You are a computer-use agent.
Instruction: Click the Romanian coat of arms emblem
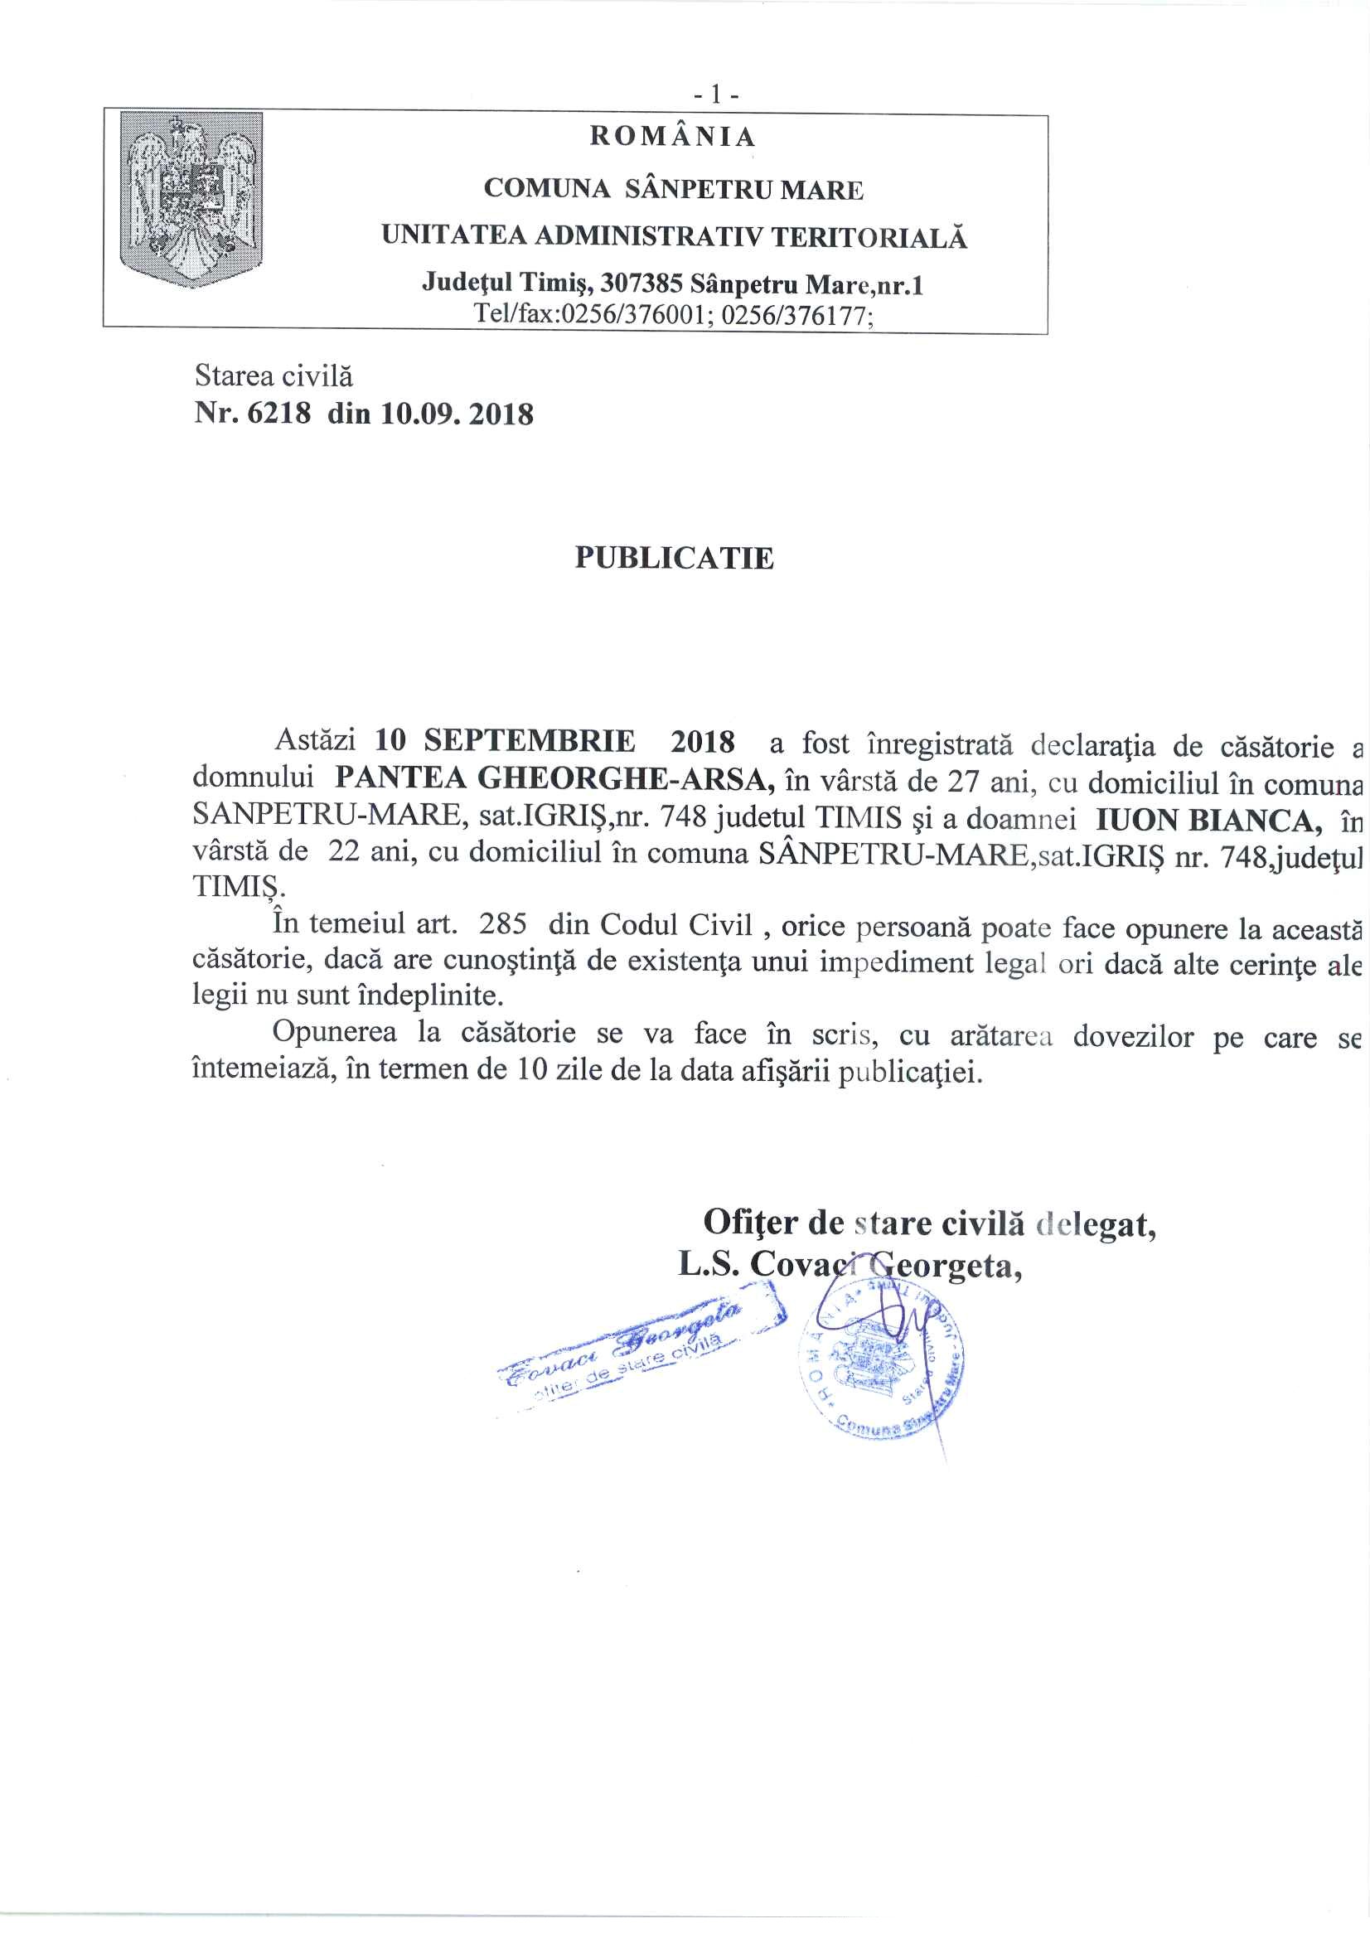[x=191, y=198]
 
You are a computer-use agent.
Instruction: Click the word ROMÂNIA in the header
[x=672, y=137]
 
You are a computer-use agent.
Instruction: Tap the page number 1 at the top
[x=716, y=95]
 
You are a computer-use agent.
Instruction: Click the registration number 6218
[x=278, y=414]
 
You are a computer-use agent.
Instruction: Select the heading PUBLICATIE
[x=674, y=558]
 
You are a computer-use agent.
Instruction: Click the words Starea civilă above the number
[x=274, y=375]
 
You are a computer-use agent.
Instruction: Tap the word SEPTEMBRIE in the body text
[x=530, y=740]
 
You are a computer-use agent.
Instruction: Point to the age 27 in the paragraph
[x=962, y=781]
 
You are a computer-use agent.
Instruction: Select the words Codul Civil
[x=676, y=925]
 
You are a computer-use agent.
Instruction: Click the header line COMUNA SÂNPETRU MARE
[x=674, y=189]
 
